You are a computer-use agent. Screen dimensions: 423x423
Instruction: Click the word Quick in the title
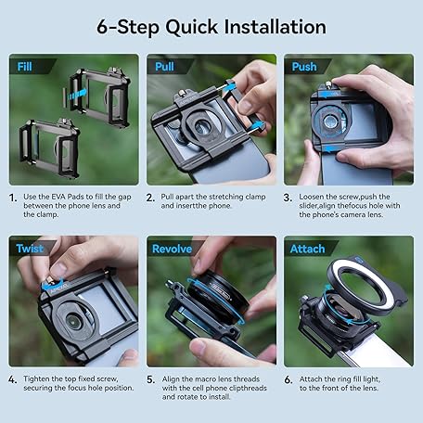click(191, 27)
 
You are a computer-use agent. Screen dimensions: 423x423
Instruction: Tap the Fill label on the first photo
click(24, 67)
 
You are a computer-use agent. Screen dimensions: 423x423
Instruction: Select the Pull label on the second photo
click(164, 67)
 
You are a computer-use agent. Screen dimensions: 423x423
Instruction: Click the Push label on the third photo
click(304, 67)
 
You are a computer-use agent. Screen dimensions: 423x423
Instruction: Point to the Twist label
click(30, 249)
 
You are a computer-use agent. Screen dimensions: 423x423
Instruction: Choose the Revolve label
click(172, 249)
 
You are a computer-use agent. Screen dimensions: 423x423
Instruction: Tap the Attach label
click(307, 249)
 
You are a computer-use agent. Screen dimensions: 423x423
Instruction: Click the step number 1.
click(13, 198)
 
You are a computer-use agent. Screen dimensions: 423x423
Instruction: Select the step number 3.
click(288, 198)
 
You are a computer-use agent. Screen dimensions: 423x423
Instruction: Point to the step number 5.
click(150, 379)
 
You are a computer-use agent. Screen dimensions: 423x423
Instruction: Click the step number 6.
click(288, 379)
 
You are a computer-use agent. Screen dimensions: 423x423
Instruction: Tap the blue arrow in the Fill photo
click(78, 94)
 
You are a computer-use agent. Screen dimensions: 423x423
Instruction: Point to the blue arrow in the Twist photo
click(52, 286)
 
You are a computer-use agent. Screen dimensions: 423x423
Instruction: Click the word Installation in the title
click(275, 27)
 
